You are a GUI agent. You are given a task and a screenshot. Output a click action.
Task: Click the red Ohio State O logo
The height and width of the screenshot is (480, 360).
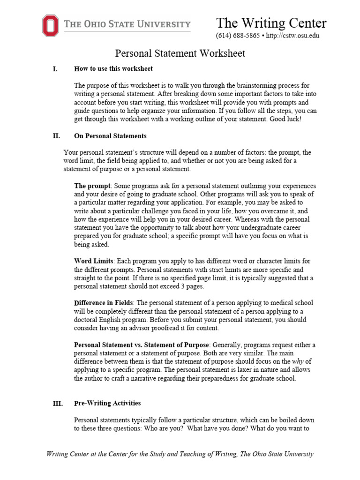51,25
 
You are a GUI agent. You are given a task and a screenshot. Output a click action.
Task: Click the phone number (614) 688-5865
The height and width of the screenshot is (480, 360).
237,36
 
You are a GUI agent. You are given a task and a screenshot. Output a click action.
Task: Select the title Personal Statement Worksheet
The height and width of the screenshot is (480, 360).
180,53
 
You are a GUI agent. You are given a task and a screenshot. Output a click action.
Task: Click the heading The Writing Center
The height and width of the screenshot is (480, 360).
271,23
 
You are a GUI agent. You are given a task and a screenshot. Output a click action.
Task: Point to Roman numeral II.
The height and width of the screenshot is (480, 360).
56,136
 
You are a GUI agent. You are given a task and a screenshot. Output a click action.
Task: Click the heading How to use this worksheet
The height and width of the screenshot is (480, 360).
113,69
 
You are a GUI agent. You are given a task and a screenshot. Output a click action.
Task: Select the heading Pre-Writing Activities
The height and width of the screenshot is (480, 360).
107,403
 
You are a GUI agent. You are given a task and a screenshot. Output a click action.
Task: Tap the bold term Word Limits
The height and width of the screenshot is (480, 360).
94,261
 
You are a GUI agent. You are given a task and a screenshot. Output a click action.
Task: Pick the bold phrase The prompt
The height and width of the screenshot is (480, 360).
92,186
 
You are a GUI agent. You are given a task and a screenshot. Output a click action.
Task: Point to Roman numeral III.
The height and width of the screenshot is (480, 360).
57,403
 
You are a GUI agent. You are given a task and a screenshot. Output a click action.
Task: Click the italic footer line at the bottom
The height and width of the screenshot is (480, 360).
180,454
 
